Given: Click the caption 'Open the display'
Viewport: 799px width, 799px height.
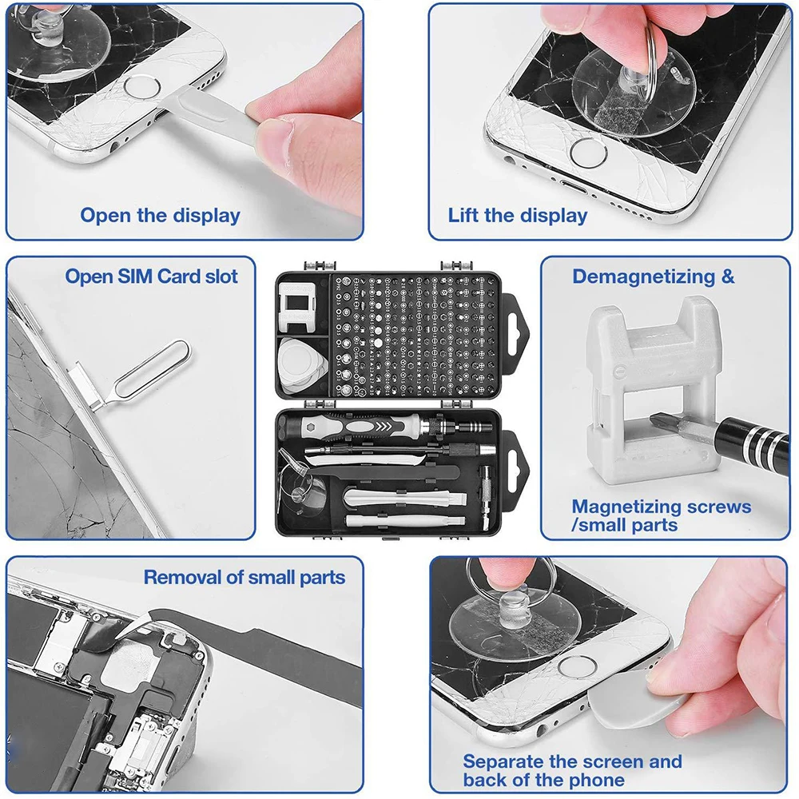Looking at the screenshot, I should pyautogui.click(x=160, y=215).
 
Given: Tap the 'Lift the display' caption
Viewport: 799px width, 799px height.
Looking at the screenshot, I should pyautogui.click(x=517, y=215).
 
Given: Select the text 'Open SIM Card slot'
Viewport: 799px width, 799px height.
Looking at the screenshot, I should pyautogui.click(x=152, y=276).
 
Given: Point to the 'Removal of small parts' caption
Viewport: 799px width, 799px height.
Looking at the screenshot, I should pyautogui.click(x=244, y=577).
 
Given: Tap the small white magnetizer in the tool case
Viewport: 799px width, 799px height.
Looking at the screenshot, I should pyautogui.click(x=302, y=307).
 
